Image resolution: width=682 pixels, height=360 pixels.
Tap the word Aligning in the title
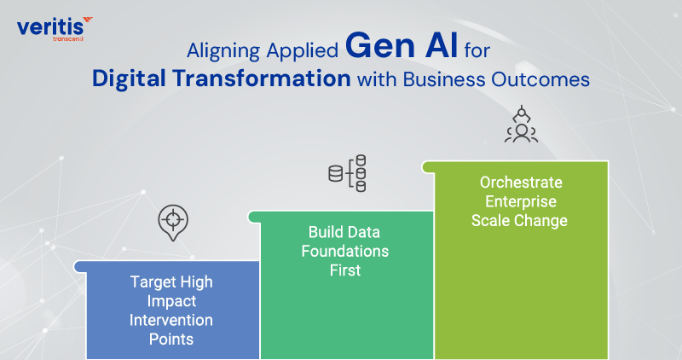tap(223, 49)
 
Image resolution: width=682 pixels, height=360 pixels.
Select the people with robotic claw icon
tap(519, 125)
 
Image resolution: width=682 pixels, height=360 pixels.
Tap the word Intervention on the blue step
tap(171, 320)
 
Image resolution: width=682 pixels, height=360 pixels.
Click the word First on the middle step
tap(346, 270)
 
